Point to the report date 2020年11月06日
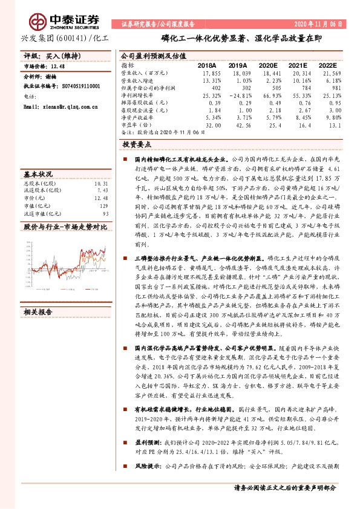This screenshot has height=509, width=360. click(319, 25)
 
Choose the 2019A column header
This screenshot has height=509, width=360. click(238, 65)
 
